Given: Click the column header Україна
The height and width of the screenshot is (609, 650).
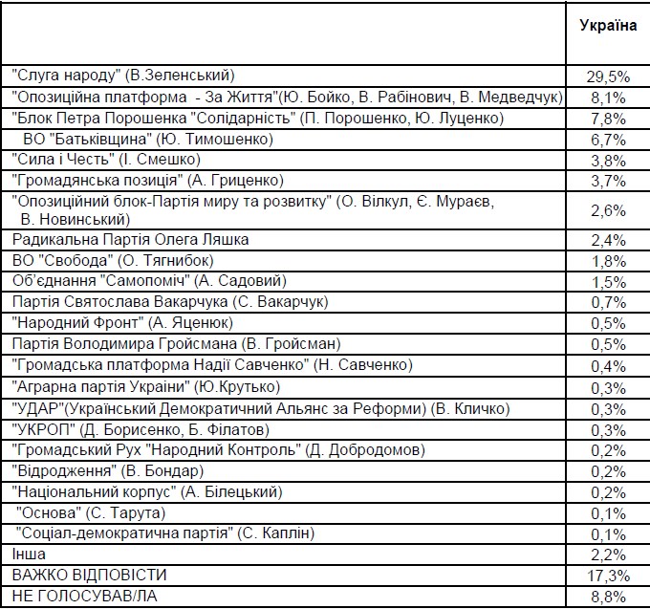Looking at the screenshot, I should click(x=608, y=25).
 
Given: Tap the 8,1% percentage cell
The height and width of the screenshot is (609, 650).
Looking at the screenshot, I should click(x=608, y=97).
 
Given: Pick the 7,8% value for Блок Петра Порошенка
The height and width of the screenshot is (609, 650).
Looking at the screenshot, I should click(x=608, y=118).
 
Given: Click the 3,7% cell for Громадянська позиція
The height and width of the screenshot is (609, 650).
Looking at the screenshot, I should click(x=608, y=180).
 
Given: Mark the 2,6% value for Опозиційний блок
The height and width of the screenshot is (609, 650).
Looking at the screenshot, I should click(x=608, y=209).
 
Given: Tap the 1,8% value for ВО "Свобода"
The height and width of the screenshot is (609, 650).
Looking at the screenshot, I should click(x=608, y=260).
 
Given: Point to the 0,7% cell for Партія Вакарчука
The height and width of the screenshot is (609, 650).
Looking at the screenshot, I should click(x=608, y=302).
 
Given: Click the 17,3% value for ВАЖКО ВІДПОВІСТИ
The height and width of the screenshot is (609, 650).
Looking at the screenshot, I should click(x=608, y=575).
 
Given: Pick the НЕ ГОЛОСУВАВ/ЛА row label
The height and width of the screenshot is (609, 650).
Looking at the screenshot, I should click(x=82, y=596).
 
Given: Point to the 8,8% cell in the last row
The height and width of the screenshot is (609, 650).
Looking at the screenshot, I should click(x=608, y=596).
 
